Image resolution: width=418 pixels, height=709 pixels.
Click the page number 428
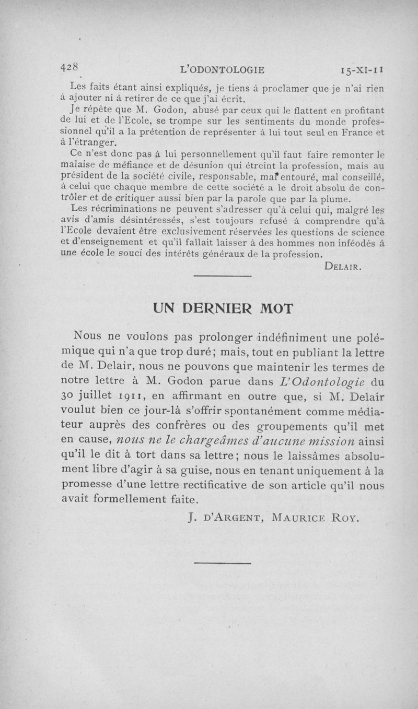coord(69,67)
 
